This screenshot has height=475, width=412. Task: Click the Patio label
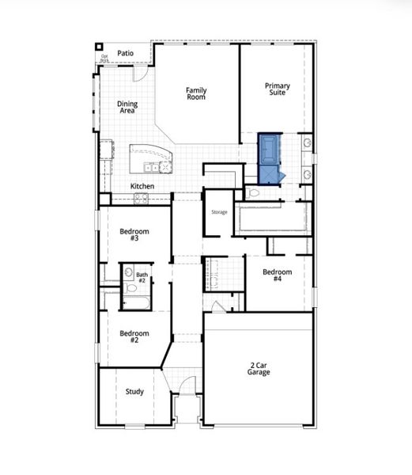click(125, 54)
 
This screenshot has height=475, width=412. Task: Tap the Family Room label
click(196, 93)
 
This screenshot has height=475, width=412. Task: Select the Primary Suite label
click(278, 89)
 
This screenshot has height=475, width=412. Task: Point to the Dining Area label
click(127, 107)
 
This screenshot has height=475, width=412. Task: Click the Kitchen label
click(142, 186)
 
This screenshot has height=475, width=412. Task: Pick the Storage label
click(219, 212)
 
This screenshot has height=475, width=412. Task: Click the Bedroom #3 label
click(130, 235)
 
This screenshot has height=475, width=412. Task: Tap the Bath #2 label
click(142, 278)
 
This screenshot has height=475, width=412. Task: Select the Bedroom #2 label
click(134, 337)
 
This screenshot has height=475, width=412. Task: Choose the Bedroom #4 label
click(278, 275)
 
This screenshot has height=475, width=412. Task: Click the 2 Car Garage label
click(259, 368)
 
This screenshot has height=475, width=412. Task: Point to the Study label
click(134, 392)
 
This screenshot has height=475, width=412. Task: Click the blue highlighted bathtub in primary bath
click(270, 148)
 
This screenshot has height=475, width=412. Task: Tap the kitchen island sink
click(151, 167)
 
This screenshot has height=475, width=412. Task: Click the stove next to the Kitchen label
click(142, 199)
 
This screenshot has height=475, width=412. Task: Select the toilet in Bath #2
click(132, 288)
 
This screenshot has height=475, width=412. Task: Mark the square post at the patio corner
click(100, 47)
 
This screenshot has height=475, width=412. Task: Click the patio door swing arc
click(140, 74)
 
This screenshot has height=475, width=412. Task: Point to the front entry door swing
click(187, 386)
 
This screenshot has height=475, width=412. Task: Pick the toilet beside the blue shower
click(253, 192)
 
